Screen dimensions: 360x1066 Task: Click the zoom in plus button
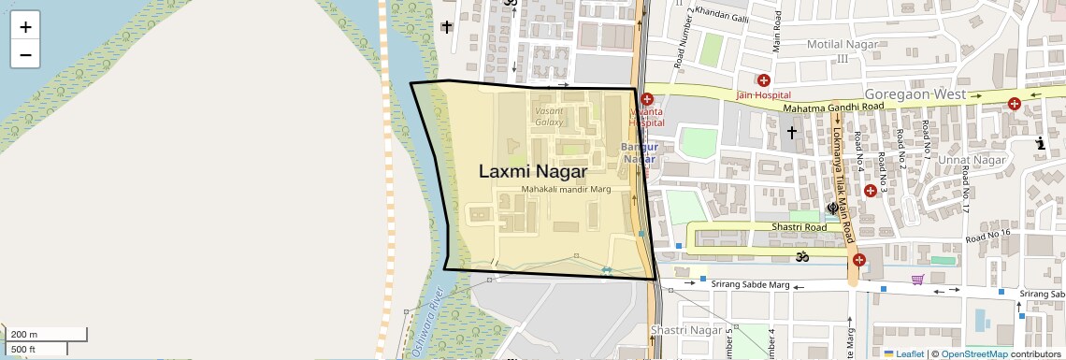tap(25, 27)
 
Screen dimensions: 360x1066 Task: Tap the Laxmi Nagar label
tap(533, 172)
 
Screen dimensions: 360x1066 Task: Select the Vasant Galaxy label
tap(549, 116)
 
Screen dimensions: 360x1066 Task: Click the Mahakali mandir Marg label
tap(566, 190)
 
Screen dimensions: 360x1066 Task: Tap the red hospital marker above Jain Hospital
tap(764, 80)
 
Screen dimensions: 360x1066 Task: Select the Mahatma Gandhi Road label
tap(833, 108)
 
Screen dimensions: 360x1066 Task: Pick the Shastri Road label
tap(799, 227)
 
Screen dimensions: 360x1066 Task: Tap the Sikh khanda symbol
tap(832, 209)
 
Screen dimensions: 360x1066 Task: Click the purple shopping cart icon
tap(918, 279)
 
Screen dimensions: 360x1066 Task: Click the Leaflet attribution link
tap(903, 353)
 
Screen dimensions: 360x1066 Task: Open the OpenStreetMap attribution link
tap(973, 353)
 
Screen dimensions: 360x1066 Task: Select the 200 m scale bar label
tap(24, 334)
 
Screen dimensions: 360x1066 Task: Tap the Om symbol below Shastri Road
tap(800, 255)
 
